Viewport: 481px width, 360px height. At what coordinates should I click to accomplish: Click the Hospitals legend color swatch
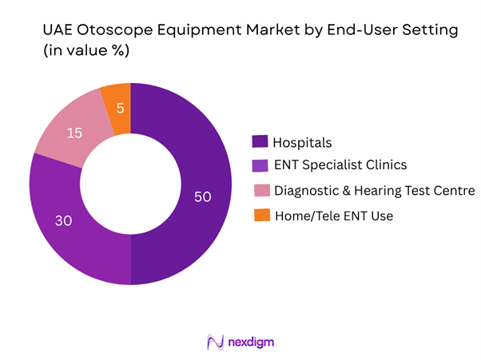[260, 142]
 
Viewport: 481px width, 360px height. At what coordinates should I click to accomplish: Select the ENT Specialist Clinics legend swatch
[260, 166]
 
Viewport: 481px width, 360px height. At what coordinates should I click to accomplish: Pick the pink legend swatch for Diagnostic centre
[260, 190]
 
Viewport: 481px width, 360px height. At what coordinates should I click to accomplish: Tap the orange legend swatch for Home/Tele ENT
[260, 214]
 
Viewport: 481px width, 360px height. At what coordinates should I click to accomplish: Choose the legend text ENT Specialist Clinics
[340, 166]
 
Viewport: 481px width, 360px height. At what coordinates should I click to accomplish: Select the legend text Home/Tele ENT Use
[333, 214]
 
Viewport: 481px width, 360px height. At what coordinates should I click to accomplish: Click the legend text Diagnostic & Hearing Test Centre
[374, 190]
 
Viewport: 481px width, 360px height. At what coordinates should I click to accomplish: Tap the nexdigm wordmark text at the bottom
[252, 342]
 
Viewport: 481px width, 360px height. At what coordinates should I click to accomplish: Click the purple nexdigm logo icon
[213, 342]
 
